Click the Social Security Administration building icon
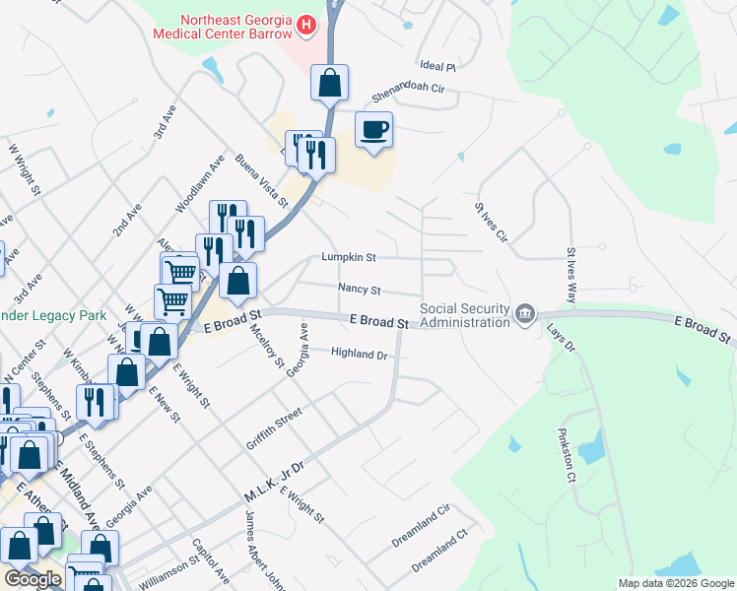click(524, 315)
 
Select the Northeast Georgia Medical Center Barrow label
click(223, 26)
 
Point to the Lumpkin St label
click(349, 257)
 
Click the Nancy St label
click(359, 290)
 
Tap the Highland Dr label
click(360, 353)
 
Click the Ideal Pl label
click(436, 67)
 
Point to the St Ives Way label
click(570, 276)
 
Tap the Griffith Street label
click(273, 430)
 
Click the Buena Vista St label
click(260, 180)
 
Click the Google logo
click(33, 579)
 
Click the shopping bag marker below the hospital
click(330, 83)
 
